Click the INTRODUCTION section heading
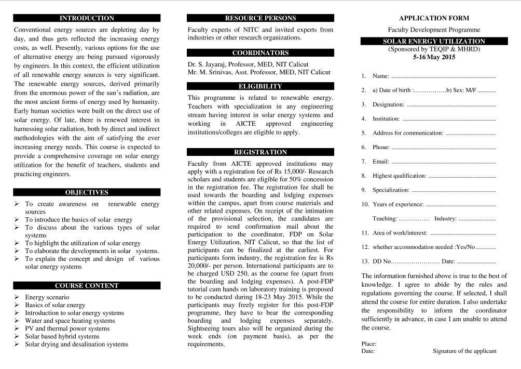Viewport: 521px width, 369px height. [x=87, y=18]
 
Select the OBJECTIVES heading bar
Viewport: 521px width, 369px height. [x=87, y=192]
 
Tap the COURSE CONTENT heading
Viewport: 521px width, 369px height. [x=87, y=285]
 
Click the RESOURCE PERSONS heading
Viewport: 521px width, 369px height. [x=260, y=18]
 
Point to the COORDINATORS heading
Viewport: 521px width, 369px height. [x=260, y=52]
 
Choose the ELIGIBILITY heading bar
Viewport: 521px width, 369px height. [x=260, y=86]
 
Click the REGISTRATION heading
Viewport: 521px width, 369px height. [x=260, y=152]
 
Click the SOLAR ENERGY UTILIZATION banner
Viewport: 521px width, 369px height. [x=434, y=41]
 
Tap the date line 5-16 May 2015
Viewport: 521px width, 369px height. [x=434, y=57]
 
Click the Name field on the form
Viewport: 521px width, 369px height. [x=433, y=76]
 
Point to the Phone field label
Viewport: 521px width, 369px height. [x=381, y=148]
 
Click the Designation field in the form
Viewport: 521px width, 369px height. [x=433, y=105]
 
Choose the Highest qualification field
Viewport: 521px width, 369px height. [x=433, y=176]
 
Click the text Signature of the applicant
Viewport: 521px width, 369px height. [x=464, y=351]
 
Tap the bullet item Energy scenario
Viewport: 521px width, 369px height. [x=47, y=297]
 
